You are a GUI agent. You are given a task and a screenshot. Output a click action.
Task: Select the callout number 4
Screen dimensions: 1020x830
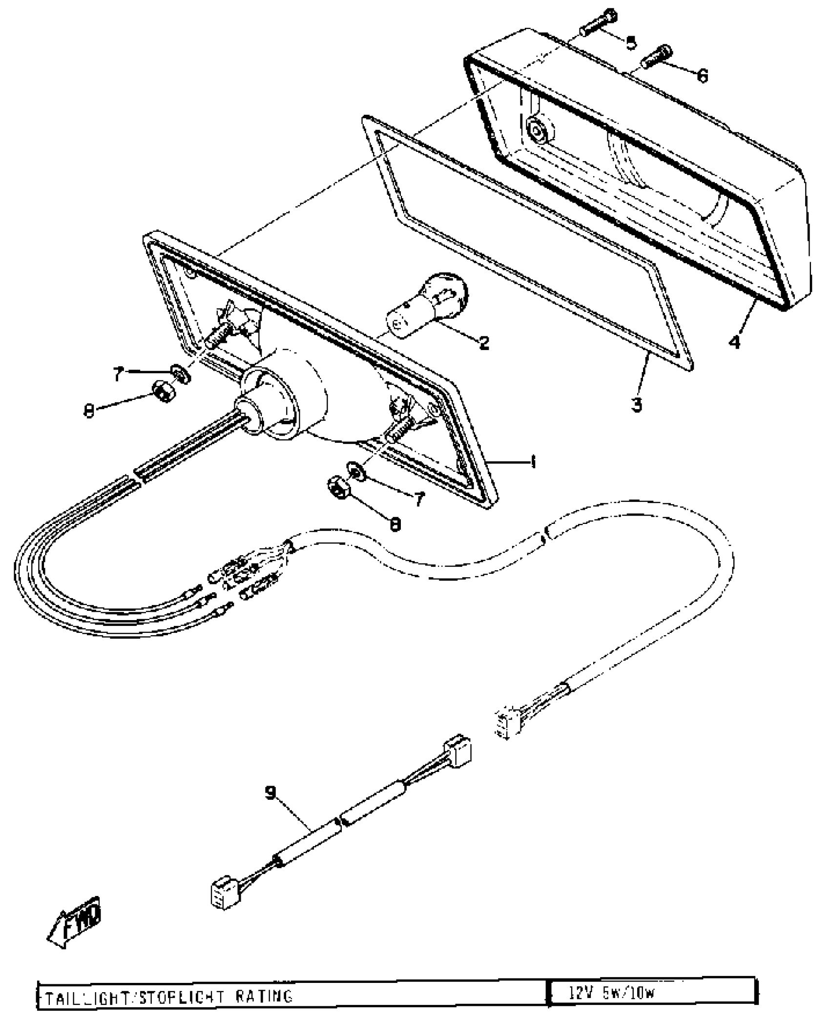pos(735,342)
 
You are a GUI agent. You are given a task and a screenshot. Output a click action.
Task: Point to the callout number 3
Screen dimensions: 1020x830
pos(636,404)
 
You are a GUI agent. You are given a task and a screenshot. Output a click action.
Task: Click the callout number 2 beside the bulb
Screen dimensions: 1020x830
pos(483,343)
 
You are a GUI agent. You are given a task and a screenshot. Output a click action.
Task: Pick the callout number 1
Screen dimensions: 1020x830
pos(533,461)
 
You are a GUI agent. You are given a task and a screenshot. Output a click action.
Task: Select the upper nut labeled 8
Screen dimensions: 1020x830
pos(163,391)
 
